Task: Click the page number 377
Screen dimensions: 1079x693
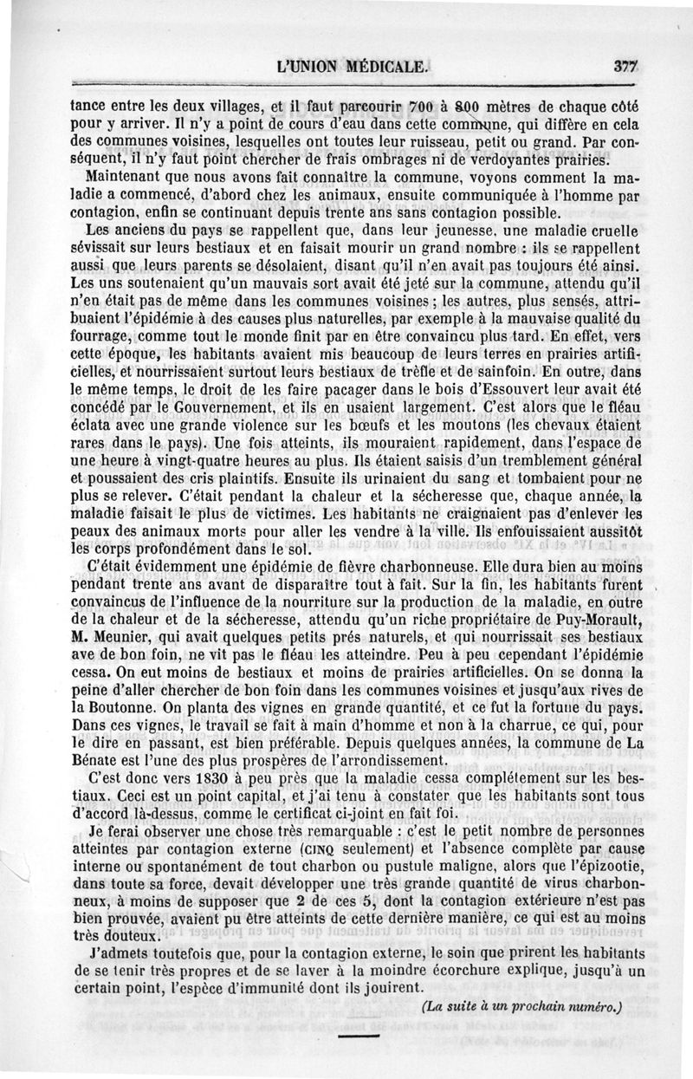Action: click(624, 65)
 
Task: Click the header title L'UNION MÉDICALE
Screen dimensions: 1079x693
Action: click(350, 65)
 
